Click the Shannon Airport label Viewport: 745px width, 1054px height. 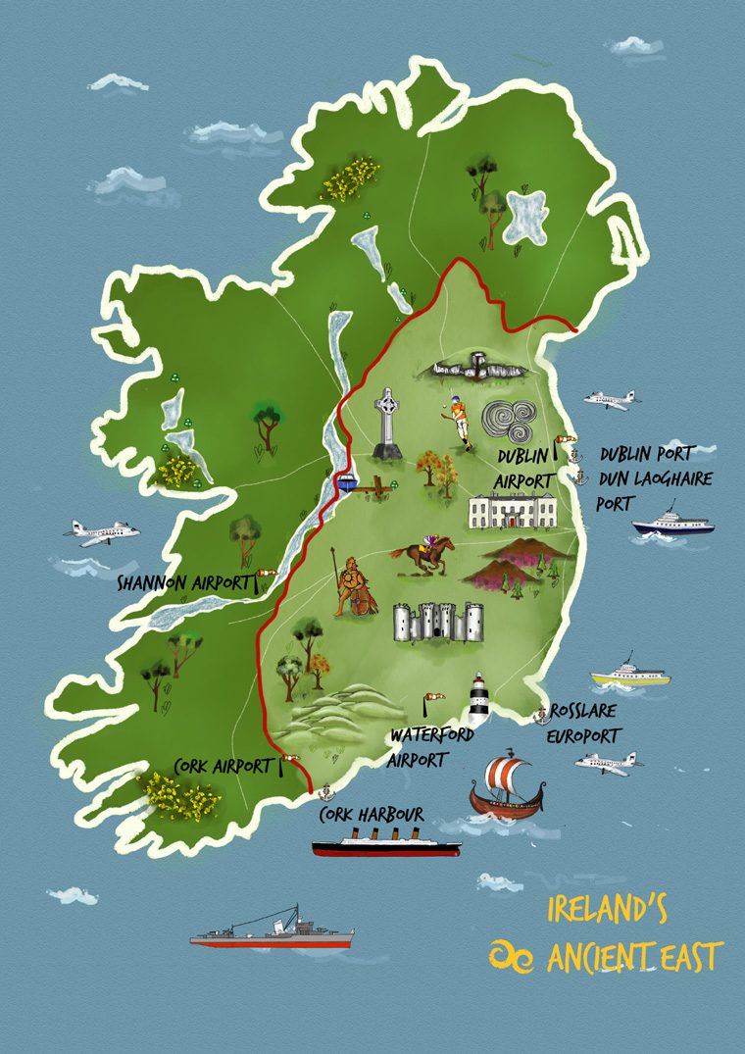pos(183,583)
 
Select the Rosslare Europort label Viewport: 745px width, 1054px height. pos(587,722)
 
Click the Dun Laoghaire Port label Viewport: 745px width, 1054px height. pos(655,489)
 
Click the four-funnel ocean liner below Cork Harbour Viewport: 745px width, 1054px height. pos(385,844)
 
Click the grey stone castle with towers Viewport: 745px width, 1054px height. pos(438,623)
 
